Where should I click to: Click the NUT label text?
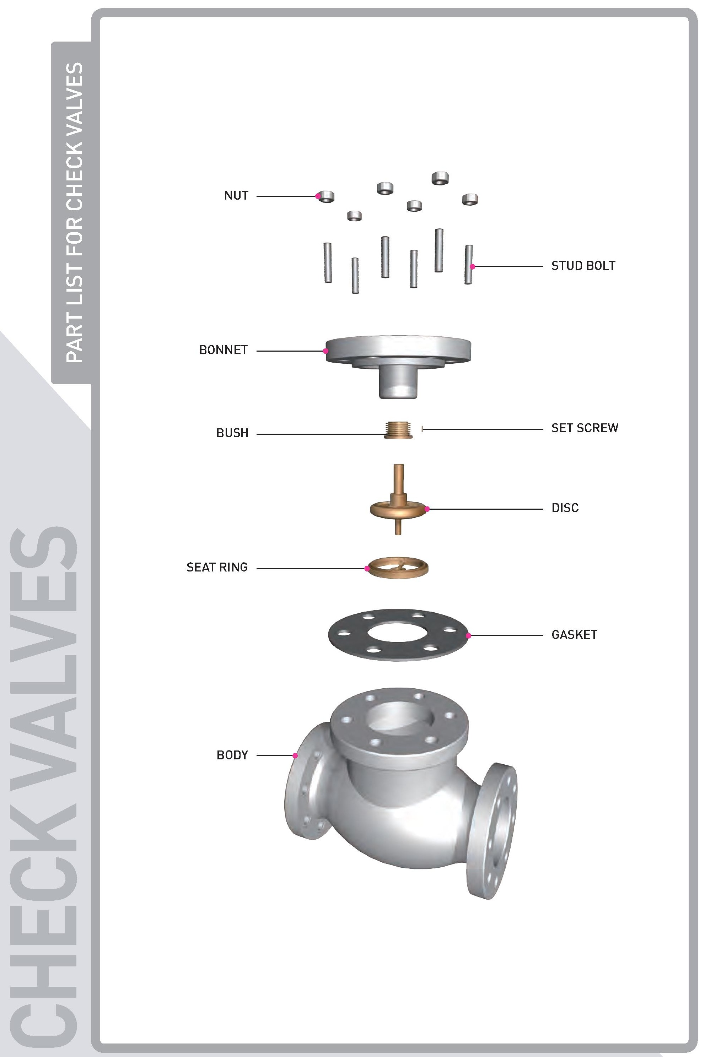click(236, 195)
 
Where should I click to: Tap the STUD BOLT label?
click(583, 266)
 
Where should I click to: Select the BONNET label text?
click(223, 350)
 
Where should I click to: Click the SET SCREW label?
click(585, 428)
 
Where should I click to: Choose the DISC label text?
click(565, 508)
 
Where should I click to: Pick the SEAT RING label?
click(217, 567)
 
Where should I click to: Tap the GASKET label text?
click(574, 635)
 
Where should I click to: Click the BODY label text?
click(232, 755)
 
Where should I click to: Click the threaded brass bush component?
click(398, 430)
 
